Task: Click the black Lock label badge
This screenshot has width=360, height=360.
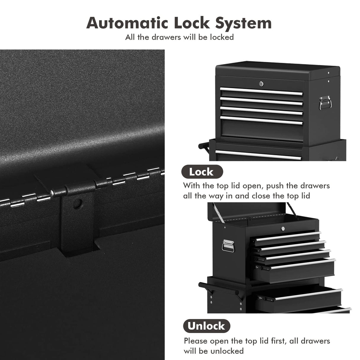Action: pos(202,172)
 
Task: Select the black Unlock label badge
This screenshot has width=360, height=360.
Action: pos(206,326)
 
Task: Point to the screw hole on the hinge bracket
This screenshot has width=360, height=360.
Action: pos(77,204)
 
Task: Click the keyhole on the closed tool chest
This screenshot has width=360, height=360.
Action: pos(261,84)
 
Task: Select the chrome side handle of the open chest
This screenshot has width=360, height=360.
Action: pos(228,246)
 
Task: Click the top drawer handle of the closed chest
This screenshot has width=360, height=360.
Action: pos(261,91)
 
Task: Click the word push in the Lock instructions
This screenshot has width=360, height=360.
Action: pos(274,186)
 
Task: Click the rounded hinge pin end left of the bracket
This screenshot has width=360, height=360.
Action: pos(52,193)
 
